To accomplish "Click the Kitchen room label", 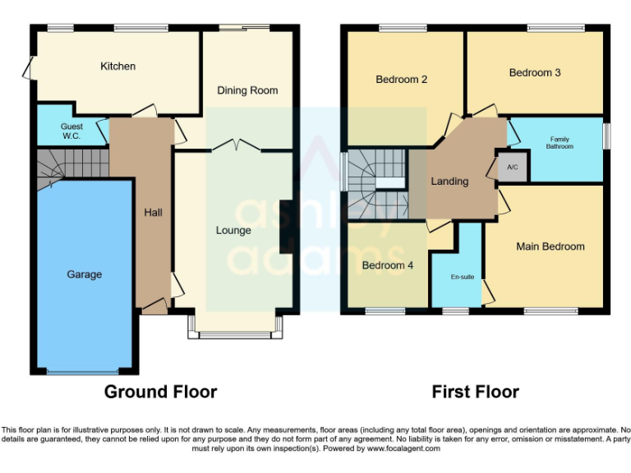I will [x=117, y=67].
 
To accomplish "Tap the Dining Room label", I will [x=247, y=90].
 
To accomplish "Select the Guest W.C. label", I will [x=70, y=131].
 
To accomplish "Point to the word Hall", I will [x=153, y=213].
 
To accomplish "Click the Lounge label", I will [x=233, y=231].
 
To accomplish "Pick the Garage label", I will [x=84, y=274].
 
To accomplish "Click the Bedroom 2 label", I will [x=402, y=80].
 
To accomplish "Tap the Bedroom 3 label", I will [x=535, y=73].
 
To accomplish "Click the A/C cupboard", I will [x=513, y=168].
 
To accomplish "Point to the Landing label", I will [x=449, y=181].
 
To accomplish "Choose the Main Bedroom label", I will [x=550, y=246].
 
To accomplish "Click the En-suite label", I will [x=463, y=277].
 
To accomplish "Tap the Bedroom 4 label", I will [x=384, y=266].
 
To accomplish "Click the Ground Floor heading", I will [x=160, y=392].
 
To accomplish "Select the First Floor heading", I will [x=475, y=392].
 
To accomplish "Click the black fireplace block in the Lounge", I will [x=284, y=227].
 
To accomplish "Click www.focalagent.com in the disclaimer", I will [x=408, y=448].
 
